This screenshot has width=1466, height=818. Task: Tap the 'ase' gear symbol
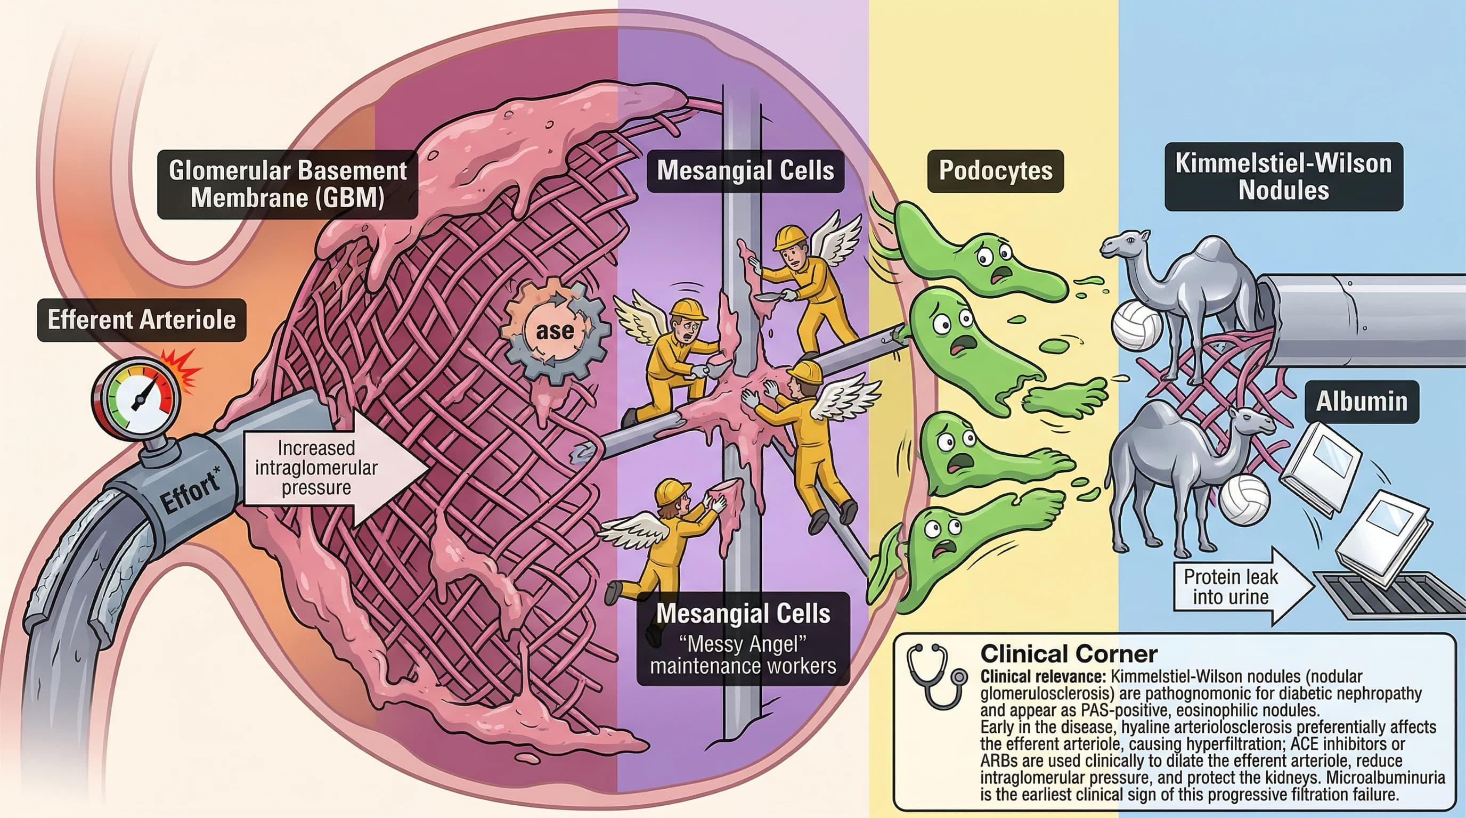[x=555, y=331]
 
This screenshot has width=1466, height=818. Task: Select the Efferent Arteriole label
[x=142, y=320]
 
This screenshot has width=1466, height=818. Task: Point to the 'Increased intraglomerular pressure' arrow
[x=330, y=468]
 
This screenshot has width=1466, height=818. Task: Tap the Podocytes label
[x=995, y=170]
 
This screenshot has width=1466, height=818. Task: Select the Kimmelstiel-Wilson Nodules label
[x=1283, y=177]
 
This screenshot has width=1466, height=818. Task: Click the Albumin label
[x=1361, y=402]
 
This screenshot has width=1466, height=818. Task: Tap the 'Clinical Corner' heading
[x=1069, y=654]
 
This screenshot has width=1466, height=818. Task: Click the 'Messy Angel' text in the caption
[x=743, y=645]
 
